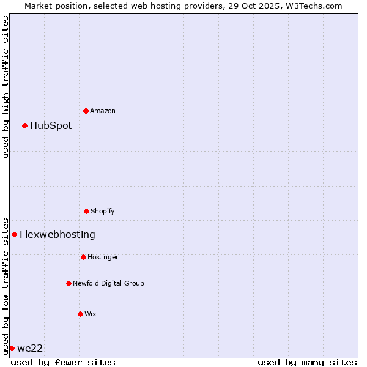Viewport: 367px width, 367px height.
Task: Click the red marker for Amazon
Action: (86, 111)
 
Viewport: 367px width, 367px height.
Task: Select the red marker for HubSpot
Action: (24, 125)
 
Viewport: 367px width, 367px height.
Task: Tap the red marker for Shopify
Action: (86, 211)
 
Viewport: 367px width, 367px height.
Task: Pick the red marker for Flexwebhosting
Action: (14, 234)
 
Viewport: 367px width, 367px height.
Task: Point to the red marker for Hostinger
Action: (83, 257)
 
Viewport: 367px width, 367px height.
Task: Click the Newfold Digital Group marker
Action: (69, 283)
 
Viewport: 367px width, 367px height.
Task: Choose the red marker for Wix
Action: (80, 314)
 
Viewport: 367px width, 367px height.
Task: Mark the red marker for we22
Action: (12, 348)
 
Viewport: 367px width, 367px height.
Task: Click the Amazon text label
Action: (103, 111)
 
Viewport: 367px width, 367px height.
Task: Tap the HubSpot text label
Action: (51, 125)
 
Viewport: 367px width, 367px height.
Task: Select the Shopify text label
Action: (103, 211)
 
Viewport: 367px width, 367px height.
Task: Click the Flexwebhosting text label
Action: (57, 234)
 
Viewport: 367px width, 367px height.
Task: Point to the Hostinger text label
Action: (103, 257)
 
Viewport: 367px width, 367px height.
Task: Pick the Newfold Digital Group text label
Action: (108, 283)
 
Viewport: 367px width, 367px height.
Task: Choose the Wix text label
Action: (91, 314)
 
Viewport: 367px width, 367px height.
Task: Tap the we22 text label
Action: (30, 348)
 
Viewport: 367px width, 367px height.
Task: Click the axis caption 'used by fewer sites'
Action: (63, 362)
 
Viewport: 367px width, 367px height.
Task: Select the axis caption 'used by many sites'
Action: (307, 362)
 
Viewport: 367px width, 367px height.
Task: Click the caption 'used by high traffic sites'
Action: (6, 87)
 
